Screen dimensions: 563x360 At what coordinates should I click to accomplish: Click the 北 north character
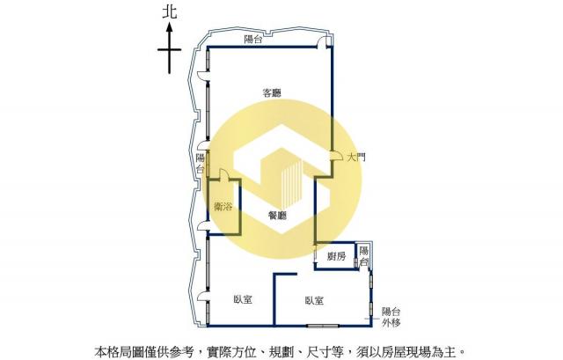170,11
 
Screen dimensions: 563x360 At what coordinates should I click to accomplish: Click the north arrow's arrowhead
170,27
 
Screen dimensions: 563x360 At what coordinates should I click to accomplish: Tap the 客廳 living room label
272,93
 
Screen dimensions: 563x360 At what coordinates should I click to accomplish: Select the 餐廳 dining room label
278,216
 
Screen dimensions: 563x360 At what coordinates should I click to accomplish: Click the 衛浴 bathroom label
223,207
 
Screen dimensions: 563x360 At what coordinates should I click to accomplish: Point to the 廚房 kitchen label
337,256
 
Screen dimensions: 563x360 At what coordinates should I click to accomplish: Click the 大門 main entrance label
356,157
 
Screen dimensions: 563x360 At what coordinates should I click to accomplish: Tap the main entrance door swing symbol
336,155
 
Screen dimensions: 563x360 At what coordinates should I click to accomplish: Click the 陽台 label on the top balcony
253,39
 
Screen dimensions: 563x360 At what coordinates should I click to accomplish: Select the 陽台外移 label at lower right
391,317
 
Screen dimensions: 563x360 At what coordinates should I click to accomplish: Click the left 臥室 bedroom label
243,299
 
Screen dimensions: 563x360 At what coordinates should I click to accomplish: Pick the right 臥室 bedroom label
314,300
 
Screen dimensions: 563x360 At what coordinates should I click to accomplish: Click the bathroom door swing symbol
223,174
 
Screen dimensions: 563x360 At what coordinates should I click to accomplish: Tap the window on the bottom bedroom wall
323,326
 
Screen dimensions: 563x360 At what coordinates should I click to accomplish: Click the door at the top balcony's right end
325,42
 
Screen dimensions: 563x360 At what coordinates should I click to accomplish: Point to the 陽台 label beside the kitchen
363,256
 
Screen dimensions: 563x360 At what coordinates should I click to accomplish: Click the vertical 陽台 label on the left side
201,164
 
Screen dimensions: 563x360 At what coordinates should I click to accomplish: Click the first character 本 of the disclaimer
100,351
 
